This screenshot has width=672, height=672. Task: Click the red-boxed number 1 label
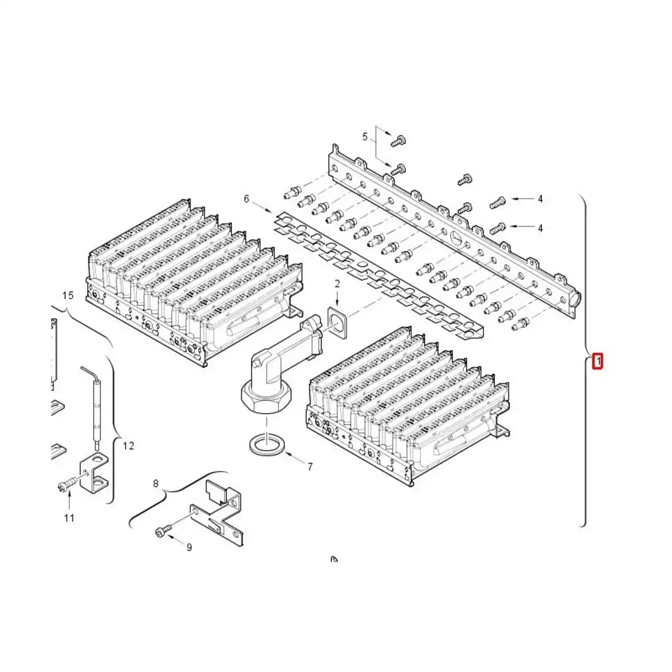coord(598,361)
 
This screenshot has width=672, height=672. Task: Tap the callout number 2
coord(337,284)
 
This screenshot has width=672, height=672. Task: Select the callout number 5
coord(365,137)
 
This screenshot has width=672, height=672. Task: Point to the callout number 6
coord(246,199)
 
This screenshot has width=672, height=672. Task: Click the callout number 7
coord(310,466)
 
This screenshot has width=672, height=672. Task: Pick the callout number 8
coord(156,483)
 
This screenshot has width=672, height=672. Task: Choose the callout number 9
coord(189,547)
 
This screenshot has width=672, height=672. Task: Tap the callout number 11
coord(69,518)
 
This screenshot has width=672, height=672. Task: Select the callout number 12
coord(128,446)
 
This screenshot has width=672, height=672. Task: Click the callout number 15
coord(68,295)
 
